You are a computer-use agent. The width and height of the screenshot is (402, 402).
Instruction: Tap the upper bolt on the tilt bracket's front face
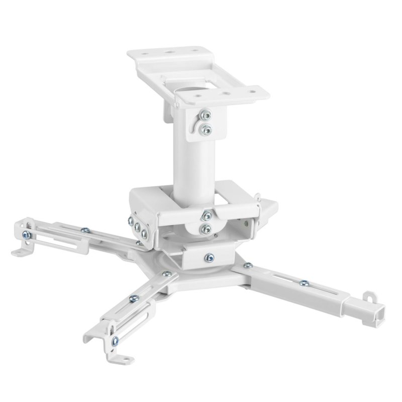point(205,216)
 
